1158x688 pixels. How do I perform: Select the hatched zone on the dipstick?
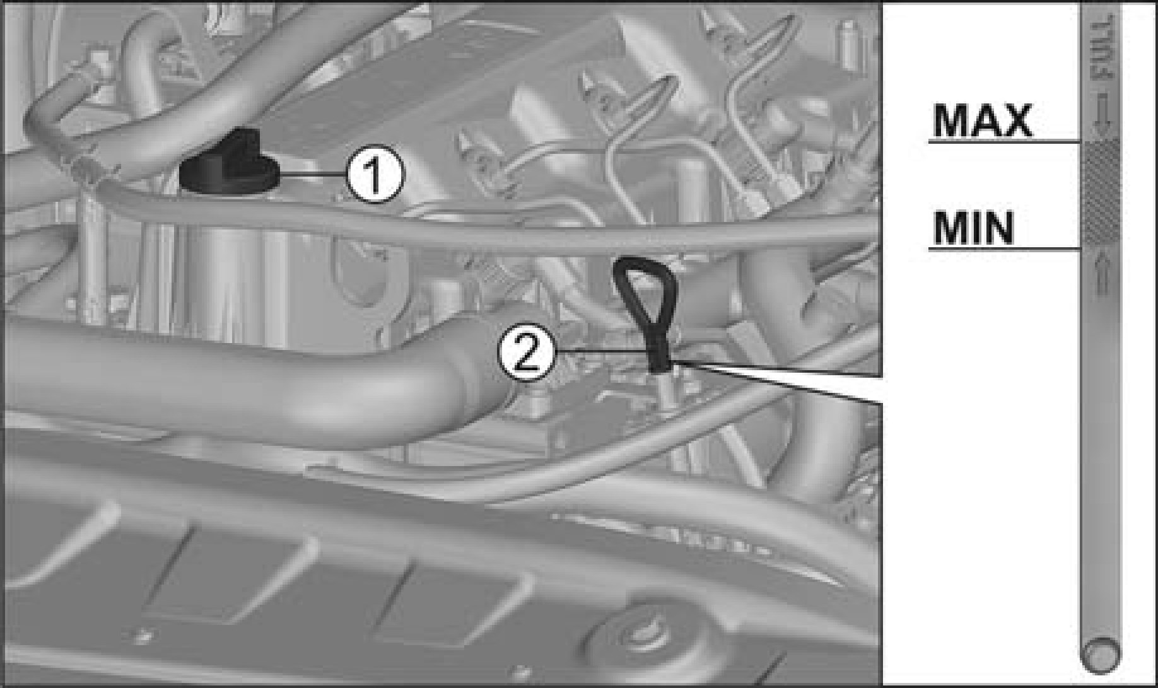pos(1101,192)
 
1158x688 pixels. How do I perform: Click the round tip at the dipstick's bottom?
pos(1101,653)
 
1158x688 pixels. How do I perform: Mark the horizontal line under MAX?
pos(1004,141)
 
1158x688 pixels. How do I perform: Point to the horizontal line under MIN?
pos(1004,249)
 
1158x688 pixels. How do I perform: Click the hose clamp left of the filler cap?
pos(85,172)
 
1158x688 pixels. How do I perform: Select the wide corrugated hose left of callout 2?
pos(252,372)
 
